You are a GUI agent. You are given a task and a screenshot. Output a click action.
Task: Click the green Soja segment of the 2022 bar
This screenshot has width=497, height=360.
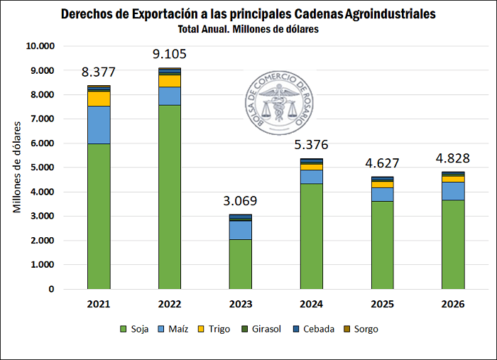coord(170,197)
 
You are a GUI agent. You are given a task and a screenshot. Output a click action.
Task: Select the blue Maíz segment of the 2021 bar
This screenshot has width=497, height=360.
coord(99,125)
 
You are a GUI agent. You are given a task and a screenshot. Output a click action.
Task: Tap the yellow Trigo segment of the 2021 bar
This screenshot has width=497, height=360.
coord(99,98)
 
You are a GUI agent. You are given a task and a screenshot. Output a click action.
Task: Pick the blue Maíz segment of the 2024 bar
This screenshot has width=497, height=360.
coord(311,177)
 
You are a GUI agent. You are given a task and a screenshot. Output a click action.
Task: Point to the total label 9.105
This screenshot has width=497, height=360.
coord(170,54)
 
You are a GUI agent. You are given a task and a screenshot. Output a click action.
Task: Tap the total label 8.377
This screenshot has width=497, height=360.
coord(99,72)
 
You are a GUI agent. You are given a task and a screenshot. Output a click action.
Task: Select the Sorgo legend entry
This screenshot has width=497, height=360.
coord(361,329)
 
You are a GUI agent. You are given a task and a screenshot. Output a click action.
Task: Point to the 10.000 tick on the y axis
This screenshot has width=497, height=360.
coord(40,46)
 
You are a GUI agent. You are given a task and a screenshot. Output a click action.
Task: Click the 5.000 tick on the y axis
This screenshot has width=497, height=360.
coord(42,168)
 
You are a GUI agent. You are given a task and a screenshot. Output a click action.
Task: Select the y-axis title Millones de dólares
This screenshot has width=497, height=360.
coord(17,168)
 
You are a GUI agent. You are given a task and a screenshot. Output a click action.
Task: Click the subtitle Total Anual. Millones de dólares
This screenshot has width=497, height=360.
coord(248,30)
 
